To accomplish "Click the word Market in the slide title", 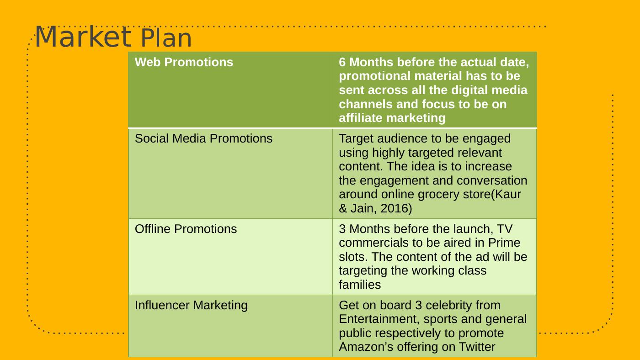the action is click(x=83, y=37).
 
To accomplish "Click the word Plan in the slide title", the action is click(x=166, y=38).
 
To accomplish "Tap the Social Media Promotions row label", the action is click(x=203, y=138).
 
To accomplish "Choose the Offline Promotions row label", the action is click(x=186, y=229).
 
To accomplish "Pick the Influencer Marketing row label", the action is click(x=191, y=305).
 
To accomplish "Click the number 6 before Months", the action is click(x=342, y=62).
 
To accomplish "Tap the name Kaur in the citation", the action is click(x=508, y=195).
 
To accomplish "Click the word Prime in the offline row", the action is click(x=504, y=243).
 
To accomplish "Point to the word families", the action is click(x=360, y=285).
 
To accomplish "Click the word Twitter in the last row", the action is click(x=477, y=347).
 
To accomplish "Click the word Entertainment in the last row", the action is click(x=379, y=319).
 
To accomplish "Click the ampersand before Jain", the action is click(x=343, y=208).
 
